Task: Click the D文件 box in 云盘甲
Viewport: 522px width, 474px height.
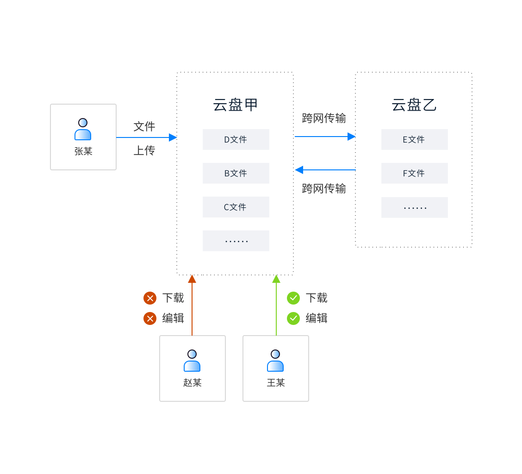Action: [236, 139]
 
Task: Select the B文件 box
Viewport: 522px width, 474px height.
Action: [236, 173]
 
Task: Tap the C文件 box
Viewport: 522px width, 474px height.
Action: [236, 207]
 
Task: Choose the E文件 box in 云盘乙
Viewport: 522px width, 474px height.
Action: [415, 139]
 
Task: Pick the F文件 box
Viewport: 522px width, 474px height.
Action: [415, 173]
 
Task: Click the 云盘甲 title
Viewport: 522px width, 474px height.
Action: [236, 105]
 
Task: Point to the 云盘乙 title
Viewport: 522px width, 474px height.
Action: [414, 105]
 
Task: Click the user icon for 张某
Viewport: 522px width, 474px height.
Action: [83, 130]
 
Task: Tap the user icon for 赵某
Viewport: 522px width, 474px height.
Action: [192, 361]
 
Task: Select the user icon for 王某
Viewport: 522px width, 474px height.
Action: [275, 361]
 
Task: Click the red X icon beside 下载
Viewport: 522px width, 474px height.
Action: [150, 298]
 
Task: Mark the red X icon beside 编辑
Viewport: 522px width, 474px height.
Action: [150, 318]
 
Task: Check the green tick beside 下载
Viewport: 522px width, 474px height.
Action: [293, 298]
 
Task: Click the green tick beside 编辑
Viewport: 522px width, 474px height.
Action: [293, 318]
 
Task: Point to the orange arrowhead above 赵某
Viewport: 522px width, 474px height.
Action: [192, 279]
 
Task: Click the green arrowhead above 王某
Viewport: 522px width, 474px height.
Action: [276, 279]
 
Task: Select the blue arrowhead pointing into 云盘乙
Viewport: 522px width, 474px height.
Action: [352, 137]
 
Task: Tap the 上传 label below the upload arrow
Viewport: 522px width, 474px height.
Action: [144, 151]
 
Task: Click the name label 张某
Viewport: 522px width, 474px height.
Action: [83, 151]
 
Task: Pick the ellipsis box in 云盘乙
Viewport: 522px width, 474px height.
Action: [415, 207]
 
